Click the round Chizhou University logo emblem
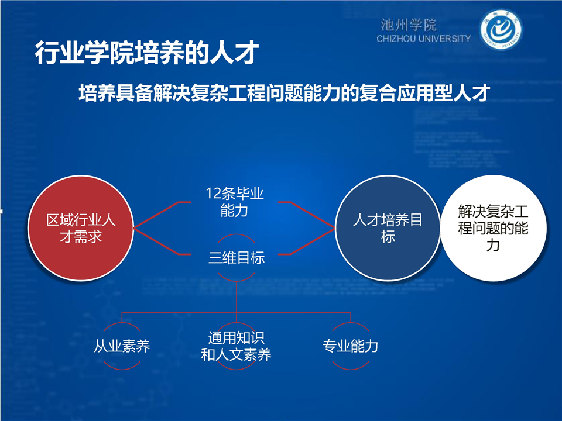(501, 30)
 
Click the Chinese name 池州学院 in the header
(408, 25)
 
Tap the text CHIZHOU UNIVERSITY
(423, 39)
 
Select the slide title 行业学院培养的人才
(146, 53)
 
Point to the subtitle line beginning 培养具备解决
(285, 93)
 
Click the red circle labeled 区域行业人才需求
(81, 228)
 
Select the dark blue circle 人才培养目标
(388, 228)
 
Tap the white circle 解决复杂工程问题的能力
(493, 228)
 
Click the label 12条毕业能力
(234, 202)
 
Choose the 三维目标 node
(237, 258)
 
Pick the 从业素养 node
(122, 346)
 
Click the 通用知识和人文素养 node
(236, 346)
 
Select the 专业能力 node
(351, 346)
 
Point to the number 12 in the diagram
(213, 194)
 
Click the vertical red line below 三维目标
(237, 297)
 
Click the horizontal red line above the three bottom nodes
(236, 313)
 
